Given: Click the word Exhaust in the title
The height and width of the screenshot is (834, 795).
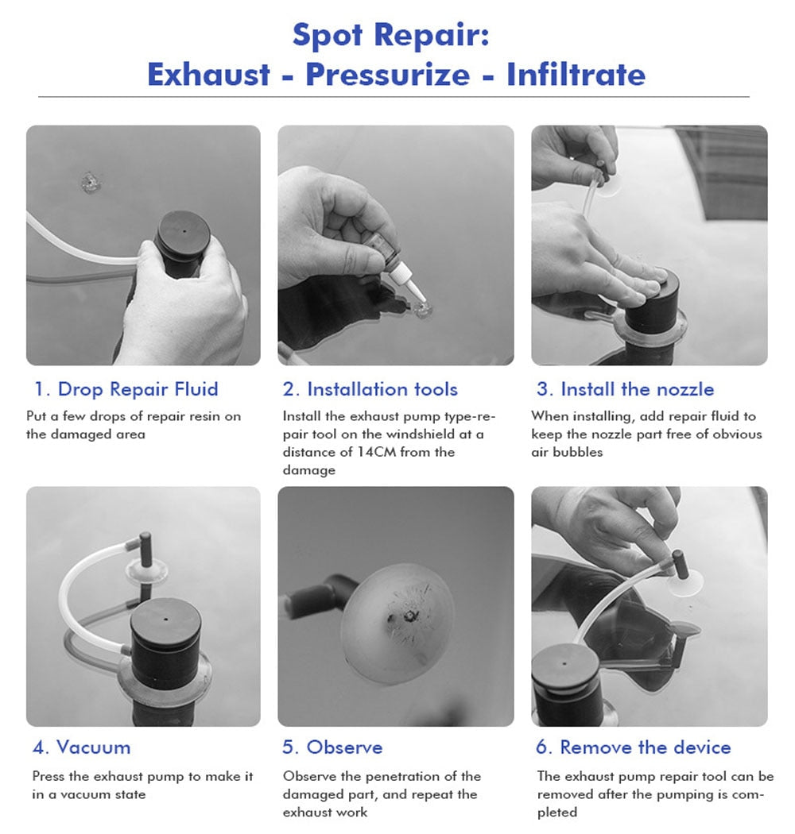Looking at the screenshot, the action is coord(209,75).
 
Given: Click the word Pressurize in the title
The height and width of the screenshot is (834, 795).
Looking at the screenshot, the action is coord(388,75).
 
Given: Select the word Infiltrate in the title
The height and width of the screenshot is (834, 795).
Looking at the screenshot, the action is coord(576,75).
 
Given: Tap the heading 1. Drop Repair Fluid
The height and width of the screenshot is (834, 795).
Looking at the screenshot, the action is coord(126,389).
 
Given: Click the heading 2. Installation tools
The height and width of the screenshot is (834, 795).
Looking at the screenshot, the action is coord(370,389).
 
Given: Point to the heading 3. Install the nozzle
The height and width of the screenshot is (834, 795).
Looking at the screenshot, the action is coord(625,389).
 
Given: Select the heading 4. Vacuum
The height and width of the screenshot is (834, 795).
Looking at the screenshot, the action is coord(81,747).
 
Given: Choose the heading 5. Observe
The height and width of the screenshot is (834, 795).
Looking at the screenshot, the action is coord(332,747).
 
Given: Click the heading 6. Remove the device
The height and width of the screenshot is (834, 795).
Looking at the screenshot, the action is coord(633,747).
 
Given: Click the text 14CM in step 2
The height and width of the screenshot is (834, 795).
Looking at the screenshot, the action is coord(377,452).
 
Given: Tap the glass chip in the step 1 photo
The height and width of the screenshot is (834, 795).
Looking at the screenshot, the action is coord(91,182).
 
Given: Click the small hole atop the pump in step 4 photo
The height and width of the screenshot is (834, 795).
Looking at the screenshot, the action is coord(165,620).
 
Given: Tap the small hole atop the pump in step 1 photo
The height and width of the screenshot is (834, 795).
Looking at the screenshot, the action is coord(184,231).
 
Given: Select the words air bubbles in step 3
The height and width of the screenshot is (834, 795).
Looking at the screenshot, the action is coord(567,452).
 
